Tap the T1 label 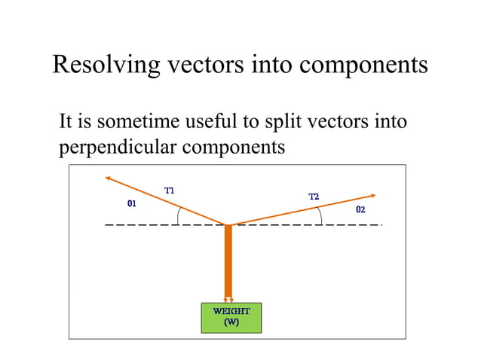coord(170,191)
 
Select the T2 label coord(314,197)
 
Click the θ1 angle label coord(131,203)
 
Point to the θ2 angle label coord(360,209)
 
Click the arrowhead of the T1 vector coord(109,178)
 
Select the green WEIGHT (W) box coord(231,317)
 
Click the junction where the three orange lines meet coord(228,224)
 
